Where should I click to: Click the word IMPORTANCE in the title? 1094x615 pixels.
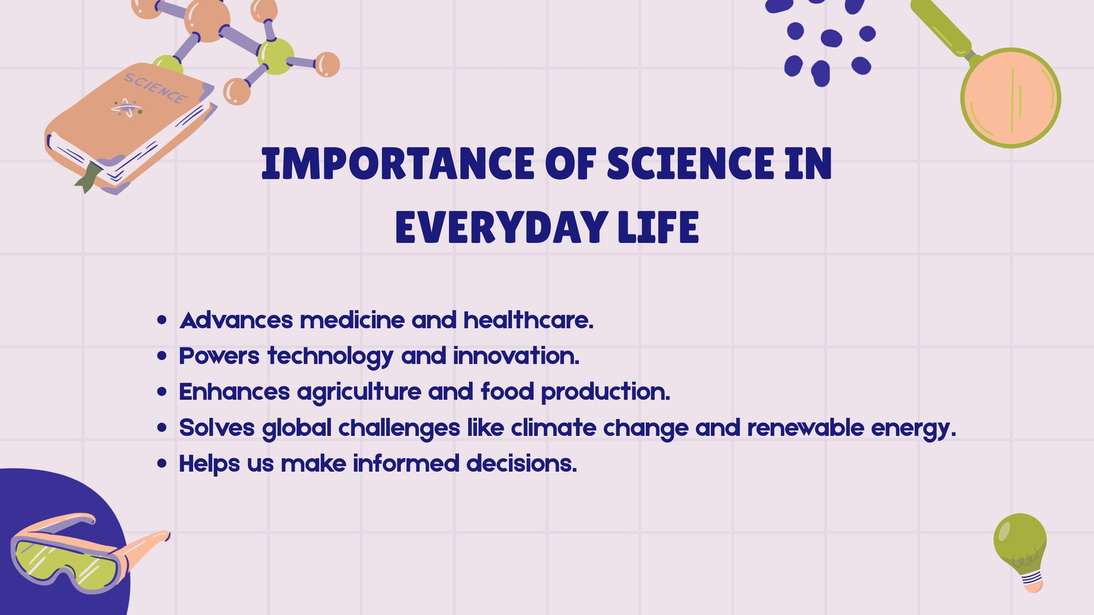(x=398, y=163)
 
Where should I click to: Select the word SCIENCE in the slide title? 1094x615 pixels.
(x=691, y=163)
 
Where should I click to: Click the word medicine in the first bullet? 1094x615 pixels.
(x=352, y=320)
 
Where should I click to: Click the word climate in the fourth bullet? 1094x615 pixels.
(x=553, y=428)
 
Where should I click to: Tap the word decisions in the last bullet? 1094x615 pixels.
(x=522, y=464)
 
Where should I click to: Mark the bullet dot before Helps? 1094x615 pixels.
(x=162, y=463)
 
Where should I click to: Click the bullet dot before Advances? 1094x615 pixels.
(x=162, y=320)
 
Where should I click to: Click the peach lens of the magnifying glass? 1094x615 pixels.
(x=1010, y=98)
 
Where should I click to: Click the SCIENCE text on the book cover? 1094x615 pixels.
(x=155, y=88)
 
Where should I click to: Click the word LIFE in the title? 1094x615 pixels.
(x=658, y=227)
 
